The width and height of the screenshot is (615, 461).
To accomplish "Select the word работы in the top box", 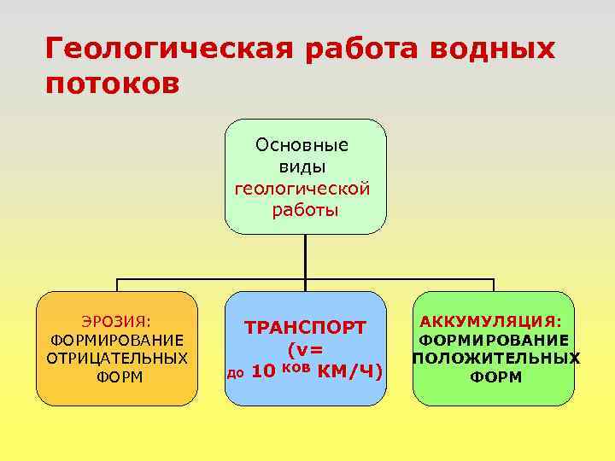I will [305, 209].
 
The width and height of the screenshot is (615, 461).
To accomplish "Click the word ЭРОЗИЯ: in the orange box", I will [117, 322].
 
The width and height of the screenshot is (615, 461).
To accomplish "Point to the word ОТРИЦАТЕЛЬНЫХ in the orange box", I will [117, 357].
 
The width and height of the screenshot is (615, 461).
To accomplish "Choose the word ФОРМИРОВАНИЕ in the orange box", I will [117, 340].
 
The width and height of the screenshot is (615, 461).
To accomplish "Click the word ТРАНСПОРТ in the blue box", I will [306, 328].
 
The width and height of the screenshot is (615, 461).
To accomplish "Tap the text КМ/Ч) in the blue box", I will [349, 372].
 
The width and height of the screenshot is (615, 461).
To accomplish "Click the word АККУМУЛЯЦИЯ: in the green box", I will [491, 321].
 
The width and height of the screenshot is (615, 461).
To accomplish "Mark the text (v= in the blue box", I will [305, 349].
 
